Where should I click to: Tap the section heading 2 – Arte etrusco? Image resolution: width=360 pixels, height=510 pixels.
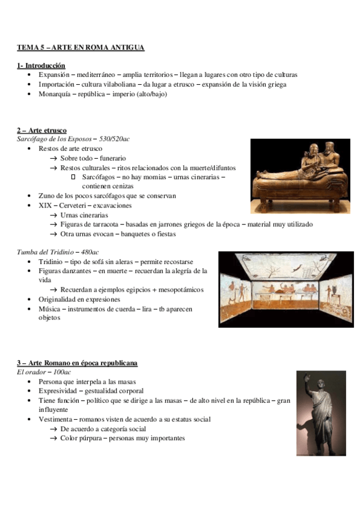click(x=42, y=131)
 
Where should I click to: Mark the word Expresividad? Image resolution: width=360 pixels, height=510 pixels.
click(x=61, y=391)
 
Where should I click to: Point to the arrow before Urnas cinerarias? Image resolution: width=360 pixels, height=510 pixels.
click(x=54, y=215)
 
